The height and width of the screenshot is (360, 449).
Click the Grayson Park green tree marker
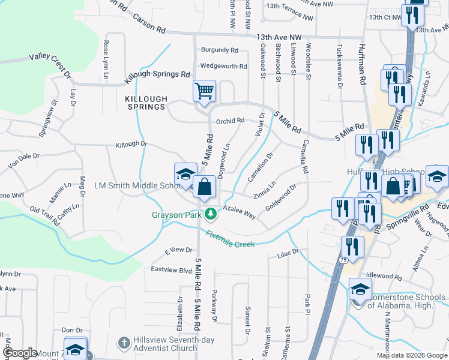click(x=210, y=213)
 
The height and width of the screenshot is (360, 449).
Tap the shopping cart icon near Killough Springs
click(x=204, y=91)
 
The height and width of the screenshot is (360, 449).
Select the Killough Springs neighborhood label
click(x=145, y=102)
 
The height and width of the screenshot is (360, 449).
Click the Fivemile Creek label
click(x=230, y=239)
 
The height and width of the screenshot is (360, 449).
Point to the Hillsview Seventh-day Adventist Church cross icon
click(x=124, y=343)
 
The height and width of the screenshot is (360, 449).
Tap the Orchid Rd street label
click(x=231, y=121)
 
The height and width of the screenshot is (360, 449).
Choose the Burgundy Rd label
click(x=220, y=50)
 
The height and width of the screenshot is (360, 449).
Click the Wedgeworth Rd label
click(x=223, y=67)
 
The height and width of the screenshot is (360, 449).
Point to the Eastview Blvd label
click(x=171, y=270)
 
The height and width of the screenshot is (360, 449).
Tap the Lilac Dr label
click(x=288, y=254)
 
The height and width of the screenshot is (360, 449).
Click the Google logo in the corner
click(x=20, y=353)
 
